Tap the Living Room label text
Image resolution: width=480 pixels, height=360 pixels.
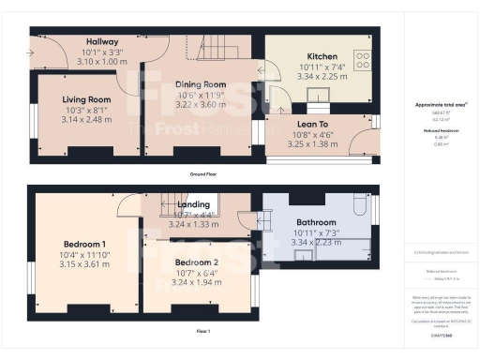(86, 99)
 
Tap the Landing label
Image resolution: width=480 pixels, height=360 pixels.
(195, 204)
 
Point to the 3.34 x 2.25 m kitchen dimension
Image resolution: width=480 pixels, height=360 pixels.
(322, 79)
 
